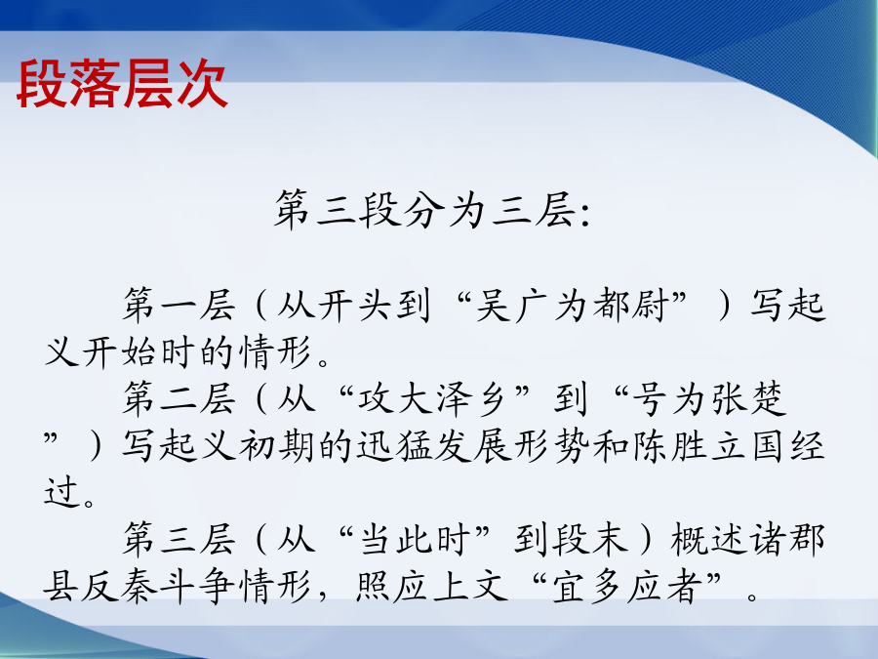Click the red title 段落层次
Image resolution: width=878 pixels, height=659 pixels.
click(x=122, y=84)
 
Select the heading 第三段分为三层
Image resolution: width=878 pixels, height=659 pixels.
click(x=424, y=210)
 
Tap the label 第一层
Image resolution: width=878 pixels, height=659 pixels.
click(x=179, y=306)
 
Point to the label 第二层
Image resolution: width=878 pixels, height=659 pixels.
click(x=179, y=399)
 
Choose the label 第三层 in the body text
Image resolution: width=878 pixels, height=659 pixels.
click(x=179, y=539)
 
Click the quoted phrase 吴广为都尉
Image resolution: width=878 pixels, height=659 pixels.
click(x=572, y=306)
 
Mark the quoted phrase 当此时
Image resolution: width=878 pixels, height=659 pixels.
click(x=414, y=539)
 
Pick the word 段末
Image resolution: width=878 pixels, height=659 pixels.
click(x=590, y=539)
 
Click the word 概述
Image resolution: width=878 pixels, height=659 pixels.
click(x=708, y=539)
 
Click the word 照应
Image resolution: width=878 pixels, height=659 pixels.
click(x=393, y=587)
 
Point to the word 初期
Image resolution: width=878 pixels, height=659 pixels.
click(x=277, y=446)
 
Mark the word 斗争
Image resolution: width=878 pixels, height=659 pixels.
click(x=197, y=587)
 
